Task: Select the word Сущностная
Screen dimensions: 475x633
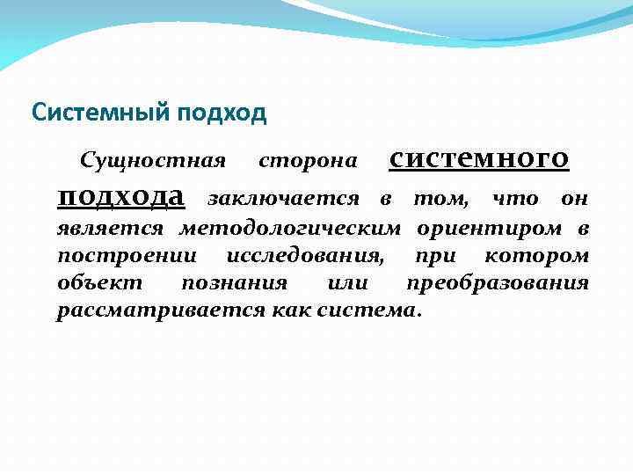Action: [152, 161]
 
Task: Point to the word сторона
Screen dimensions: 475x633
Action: [308, 161]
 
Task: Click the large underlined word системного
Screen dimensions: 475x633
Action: [478, 158]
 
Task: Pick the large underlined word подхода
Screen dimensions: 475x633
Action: [120, 195]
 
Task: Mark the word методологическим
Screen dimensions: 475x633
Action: [290, 230]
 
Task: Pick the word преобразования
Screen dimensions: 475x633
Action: [497, 284]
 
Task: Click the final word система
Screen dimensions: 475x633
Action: [383, 311]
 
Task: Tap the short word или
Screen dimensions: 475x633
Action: [346, 284]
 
